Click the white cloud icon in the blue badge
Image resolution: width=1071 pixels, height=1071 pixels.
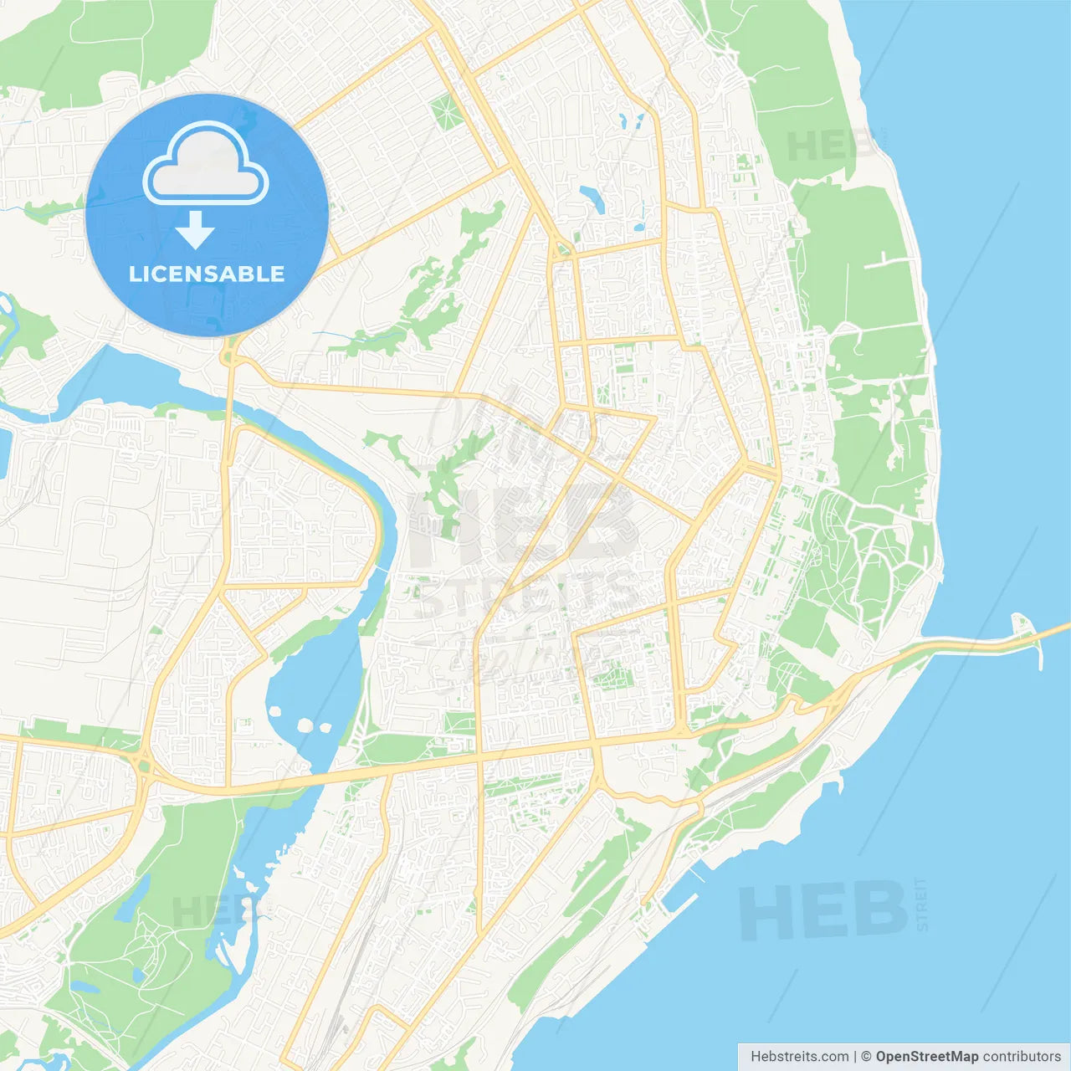click(x=206, y=164)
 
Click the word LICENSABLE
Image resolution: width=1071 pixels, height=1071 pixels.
click(x=207, y=274)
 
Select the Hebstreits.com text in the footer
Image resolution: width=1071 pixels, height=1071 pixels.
click(x=799, y=1057)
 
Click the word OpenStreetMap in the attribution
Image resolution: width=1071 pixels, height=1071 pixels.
click(x=926, y=1057)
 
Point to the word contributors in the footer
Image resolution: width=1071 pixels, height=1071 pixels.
click(x=1022, y=1057)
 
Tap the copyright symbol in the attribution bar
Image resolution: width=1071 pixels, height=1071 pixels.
click(x=867, y=1057)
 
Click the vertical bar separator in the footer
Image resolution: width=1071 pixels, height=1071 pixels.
click(x=855, y=1057)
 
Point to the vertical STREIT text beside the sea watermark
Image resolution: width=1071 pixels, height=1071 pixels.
click(x=922, y=904)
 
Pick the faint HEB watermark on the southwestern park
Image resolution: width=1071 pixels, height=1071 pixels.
click(x=209, y=912)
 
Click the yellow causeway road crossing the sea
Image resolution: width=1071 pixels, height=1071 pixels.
click(x=987, y=644)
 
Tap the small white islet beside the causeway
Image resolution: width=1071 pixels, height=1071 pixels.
click(x=1022, y=623)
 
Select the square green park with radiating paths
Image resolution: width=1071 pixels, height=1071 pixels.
click(x=446, y=111)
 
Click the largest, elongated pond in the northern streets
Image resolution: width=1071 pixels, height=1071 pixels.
click(x=592, y=199)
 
